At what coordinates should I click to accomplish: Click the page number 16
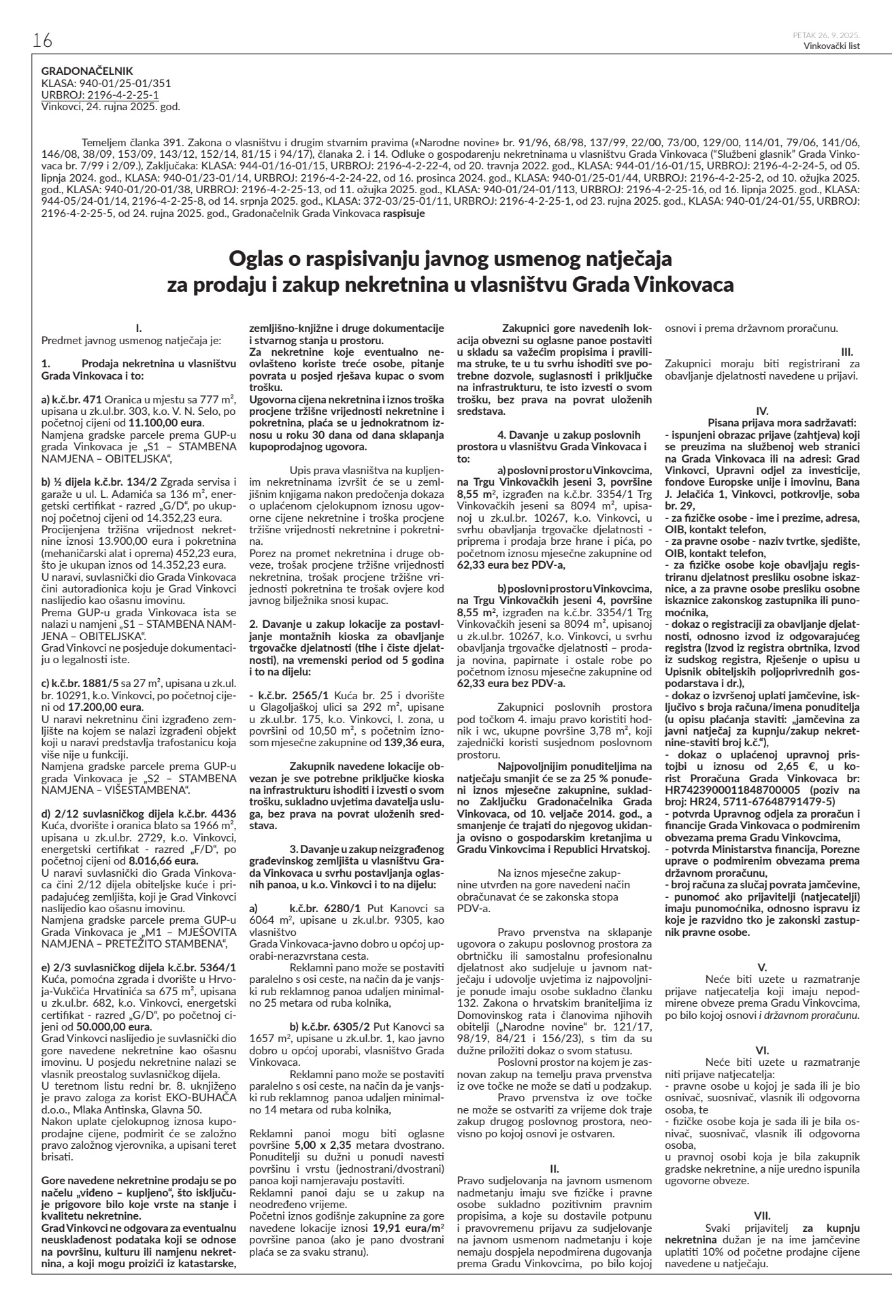[x=42, y=41]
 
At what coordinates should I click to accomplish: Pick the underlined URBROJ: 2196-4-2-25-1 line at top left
[x=100, y=95]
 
